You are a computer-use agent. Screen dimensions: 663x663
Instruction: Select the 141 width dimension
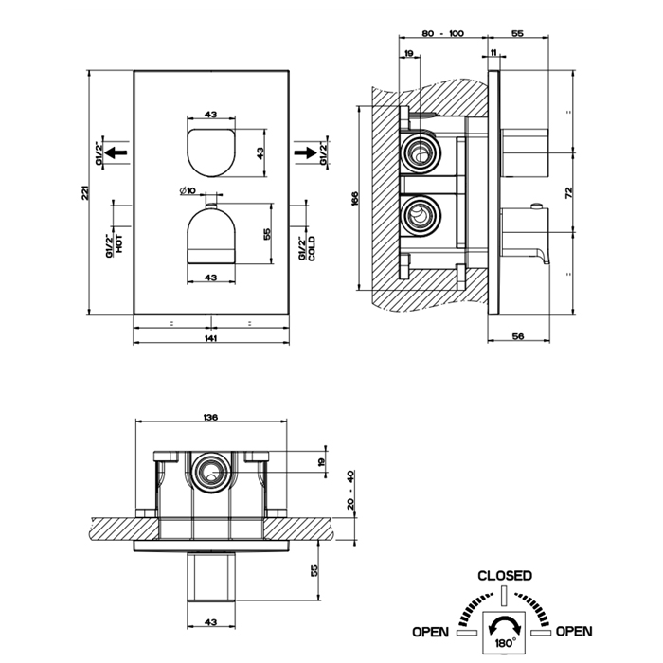tap(211, 338)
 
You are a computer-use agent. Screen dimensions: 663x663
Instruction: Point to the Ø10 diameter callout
tap(187, 193)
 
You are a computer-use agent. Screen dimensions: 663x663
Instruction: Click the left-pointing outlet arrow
tap(116, 151)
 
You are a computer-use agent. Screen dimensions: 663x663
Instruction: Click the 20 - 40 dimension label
tap(350, 490)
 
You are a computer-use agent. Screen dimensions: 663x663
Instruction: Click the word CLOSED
tap(504, 575)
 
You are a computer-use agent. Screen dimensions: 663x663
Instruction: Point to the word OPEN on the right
tap(574, 631)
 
